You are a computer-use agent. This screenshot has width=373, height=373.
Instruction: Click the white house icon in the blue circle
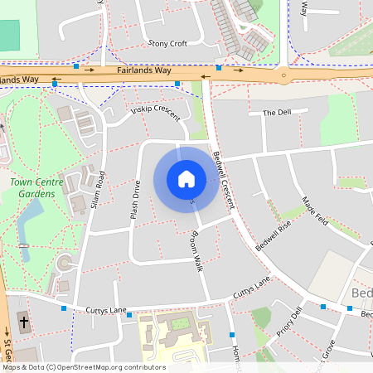pos(186,178)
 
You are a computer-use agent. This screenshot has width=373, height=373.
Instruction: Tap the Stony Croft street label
pos(167,43)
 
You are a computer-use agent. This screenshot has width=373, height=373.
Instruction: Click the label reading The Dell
pos(276,113)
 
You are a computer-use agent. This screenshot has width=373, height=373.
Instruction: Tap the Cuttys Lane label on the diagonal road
pos(252,288)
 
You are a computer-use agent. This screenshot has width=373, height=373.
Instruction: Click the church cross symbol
pos(23,321)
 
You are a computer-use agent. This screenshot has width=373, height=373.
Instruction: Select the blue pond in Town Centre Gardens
pos(30,217)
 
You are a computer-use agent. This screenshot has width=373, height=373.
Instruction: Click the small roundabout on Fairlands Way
pos(284,75)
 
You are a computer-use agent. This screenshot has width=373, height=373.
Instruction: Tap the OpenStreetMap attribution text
pos(83,367)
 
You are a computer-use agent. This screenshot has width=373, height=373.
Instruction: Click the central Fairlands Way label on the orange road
pos(144,71)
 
